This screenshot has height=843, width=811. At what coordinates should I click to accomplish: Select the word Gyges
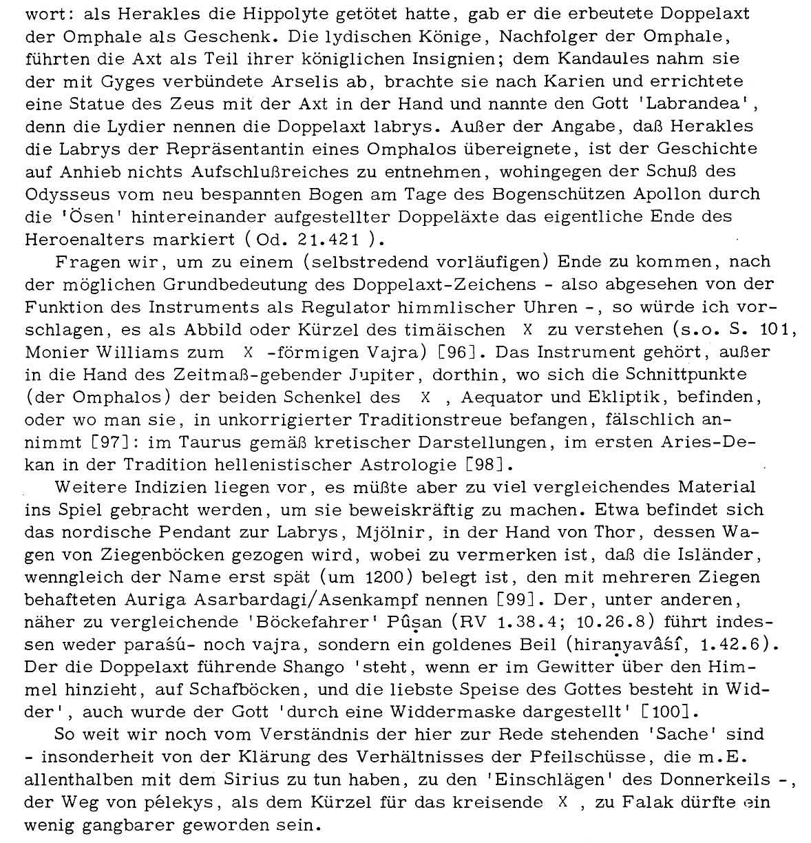133,81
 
